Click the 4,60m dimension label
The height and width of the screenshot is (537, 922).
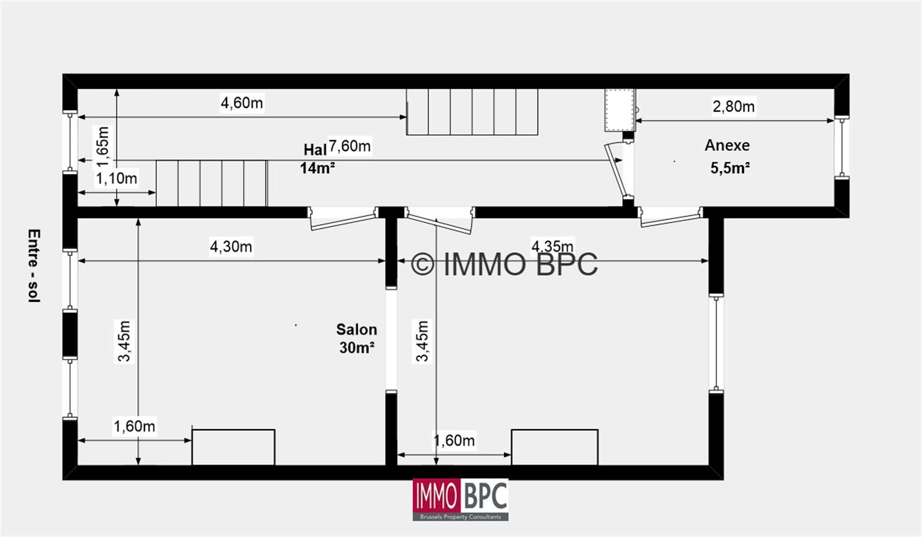tap(241, 103)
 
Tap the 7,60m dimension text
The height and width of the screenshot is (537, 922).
tap(349, 146)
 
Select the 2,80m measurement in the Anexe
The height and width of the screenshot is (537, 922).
tap(734, 107)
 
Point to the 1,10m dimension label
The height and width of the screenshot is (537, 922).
tap(116, 179)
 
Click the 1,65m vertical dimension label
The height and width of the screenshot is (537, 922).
tap(103, 147)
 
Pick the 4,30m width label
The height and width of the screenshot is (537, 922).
tap(231, 247)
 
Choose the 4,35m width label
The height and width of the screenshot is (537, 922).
tap(552, 246)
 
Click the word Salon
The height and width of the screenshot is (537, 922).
tap(357, 330)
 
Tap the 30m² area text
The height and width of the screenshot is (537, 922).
tap(357, 347)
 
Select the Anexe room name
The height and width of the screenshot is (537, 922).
tap(727, 145)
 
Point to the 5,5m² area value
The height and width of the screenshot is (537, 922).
tap(730, 168)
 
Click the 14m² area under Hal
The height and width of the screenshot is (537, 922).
tap(317, 168)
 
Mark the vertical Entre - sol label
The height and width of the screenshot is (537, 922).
tap(34, 266)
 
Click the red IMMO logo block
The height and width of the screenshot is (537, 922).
tap(436, 496)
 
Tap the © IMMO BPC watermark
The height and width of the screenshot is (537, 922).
tap(504, 264)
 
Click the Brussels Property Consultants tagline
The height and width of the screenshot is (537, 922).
tap(460, 517)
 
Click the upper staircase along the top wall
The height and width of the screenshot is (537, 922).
tap(472, 112)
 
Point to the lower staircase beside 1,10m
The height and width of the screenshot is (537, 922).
tap(212, 183)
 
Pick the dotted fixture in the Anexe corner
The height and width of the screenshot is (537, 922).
tap(620, 110)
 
